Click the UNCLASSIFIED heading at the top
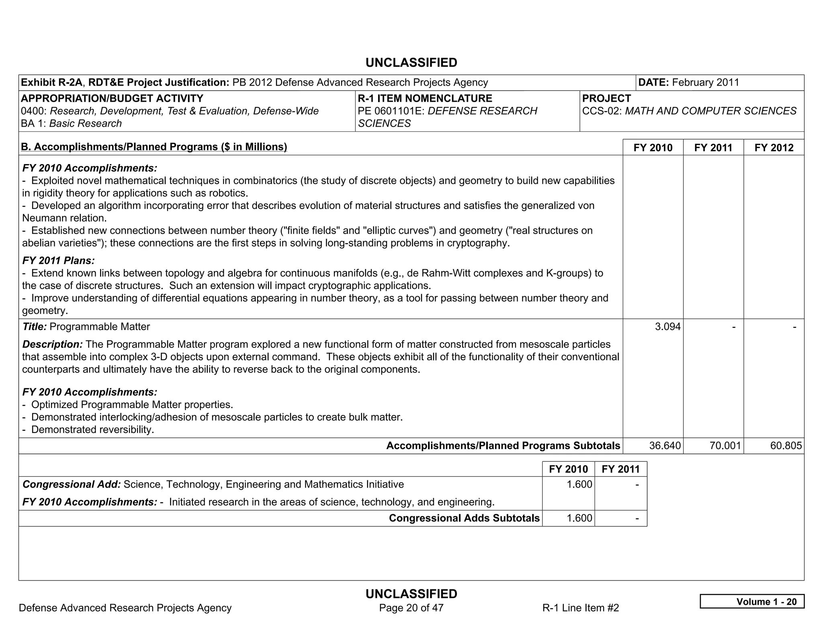tap(411, 63)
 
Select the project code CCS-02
tap(601, 111)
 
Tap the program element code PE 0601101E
tap(391, 111)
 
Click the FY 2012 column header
tap(774, 148)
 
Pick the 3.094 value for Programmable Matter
tap(667, 326)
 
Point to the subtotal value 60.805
tap(786, 445)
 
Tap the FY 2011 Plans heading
tap(59, 261)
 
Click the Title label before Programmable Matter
tap(35, 326)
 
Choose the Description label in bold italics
tap(52, 344)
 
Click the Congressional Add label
tap(72, 484)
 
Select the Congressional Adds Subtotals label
tap(464, 518)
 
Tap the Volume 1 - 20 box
tap(752, 601)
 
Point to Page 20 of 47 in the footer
tap(411, 607)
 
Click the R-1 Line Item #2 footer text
tap(580, 607)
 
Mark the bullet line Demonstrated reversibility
tap(92, 429)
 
